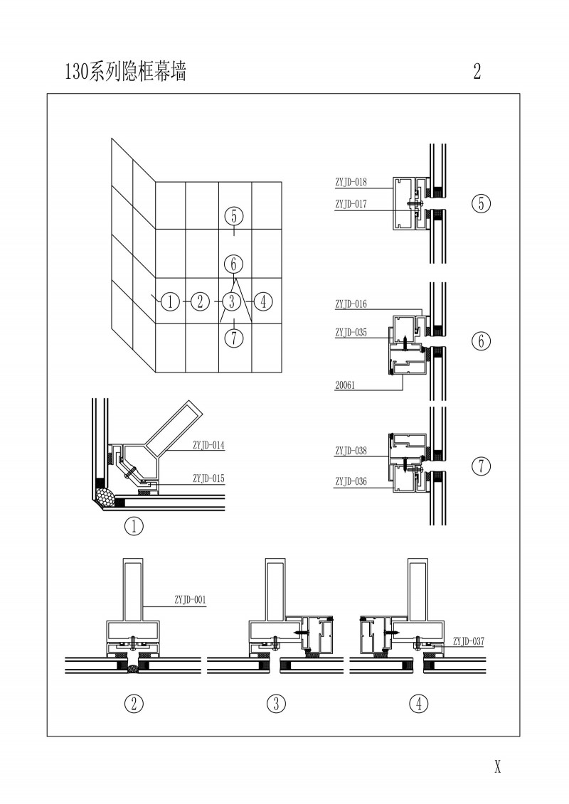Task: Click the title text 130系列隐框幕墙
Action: tap(125, 71)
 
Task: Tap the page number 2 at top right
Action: tap(477, 71)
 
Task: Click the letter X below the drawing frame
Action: tap(498, 766)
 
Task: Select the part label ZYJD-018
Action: tap(351, 182)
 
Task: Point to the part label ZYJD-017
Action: tap(351, 204)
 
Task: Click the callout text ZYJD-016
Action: tap(351, 304)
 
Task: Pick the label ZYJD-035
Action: tap(351, 332)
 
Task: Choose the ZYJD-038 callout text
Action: tap(351, 451)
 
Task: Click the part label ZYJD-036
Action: tap(351, 482)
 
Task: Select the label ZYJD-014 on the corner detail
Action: tap(208, 445)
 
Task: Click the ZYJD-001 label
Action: tap(190, 599)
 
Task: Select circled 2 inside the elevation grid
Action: tap(200, 301)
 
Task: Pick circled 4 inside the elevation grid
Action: tap(262, 301)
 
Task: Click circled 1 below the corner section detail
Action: tap(134, 527)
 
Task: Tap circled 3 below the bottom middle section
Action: tap(276, 704)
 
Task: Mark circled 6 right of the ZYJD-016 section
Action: tap(481, 341)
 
